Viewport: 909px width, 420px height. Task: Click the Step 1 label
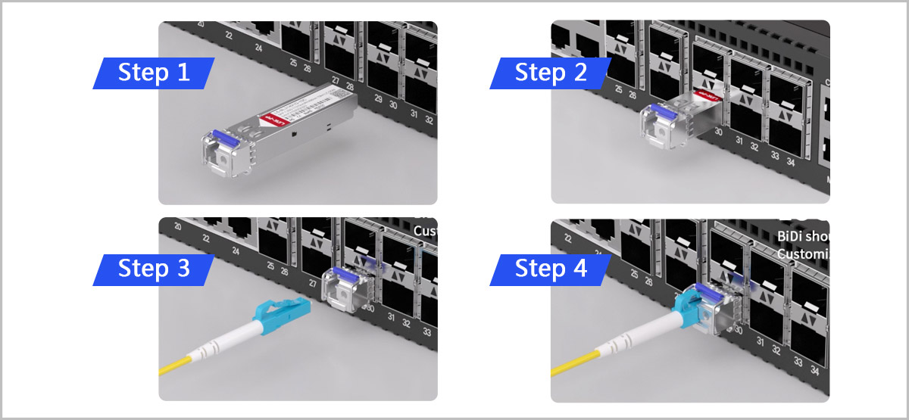click(154, 73)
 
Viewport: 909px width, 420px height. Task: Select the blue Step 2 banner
click(551, 73)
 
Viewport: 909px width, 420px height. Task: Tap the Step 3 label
click(154, 269)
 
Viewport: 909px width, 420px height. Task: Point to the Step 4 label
click(551, 269)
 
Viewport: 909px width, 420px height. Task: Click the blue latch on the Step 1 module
click(220, 138)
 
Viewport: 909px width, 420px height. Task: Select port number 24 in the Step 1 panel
click(258, 48)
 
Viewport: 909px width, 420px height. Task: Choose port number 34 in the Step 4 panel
click(814, 370)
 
